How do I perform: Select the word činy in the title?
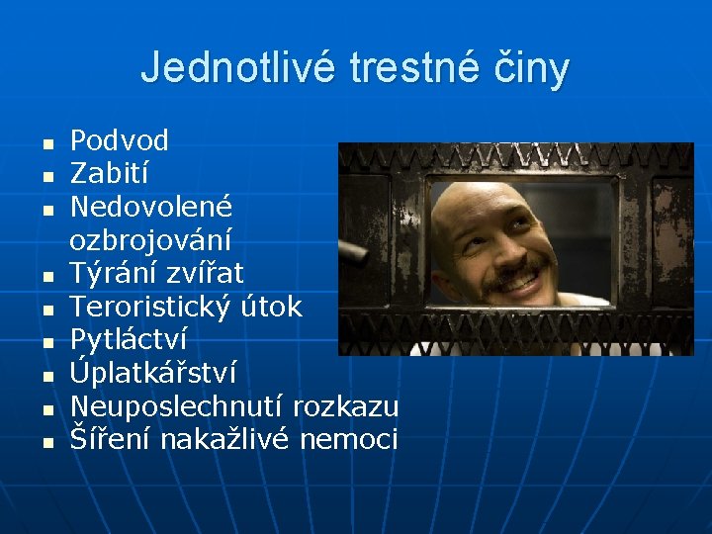(534, 68)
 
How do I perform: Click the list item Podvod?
(119, 140)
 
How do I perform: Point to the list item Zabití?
(109, 174)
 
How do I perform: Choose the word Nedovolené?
(150, 207)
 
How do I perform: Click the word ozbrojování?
(150, 239)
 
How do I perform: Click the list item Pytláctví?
(128, 340)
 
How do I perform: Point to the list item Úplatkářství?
(152, 373)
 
